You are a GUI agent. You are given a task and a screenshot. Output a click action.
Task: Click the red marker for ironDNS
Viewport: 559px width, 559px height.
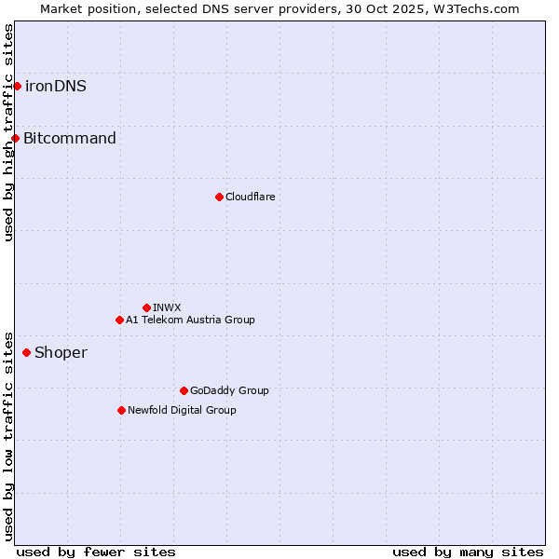click(17, 87)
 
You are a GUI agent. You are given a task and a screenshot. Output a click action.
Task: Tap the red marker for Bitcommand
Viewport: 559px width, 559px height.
click(15, 139)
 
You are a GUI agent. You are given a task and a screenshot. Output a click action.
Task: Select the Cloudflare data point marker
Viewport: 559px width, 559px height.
click(219, 197)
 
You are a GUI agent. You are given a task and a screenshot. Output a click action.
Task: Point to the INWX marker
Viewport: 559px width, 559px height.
click(146, 307)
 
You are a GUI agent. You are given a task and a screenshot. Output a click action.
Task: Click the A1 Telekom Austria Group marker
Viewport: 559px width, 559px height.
click(119, 320)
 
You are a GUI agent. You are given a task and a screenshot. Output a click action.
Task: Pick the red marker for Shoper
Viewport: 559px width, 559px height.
click(26, 352)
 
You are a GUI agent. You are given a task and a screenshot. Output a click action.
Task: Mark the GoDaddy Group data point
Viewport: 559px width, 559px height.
click(184, 390)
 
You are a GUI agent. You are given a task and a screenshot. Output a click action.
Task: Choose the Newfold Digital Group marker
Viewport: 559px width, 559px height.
click(121, 410)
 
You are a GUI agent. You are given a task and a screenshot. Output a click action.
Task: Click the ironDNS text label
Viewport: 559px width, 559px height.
click(56, 87)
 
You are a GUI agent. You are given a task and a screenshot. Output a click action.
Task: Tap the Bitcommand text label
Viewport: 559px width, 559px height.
click(70, 139)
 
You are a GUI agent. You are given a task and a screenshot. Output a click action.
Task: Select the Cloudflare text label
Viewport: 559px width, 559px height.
click(250, 197)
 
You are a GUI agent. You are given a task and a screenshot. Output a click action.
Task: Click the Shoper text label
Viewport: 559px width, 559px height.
click(61, 352)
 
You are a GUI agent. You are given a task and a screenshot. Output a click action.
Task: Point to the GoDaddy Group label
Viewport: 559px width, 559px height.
click(229, 390)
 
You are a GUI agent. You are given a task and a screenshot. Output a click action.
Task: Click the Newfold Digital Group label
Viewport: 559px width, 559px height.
click(182, 410)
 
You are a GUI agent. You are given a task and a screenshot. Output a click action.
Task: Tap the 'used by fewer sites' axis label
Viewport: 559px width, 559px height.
click(96, 552)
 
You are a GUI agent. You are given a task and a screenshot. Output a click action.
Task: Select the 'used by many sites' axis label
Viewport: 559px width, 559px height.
click(468, 552)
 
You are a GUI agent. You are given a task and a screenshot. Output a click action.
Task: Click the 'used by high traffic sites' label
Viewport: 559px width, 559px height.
click(8, 132)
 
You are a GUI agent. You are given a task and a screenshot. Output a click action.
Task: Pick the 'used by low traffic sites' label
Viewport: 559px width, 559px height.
click(8, 436)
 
